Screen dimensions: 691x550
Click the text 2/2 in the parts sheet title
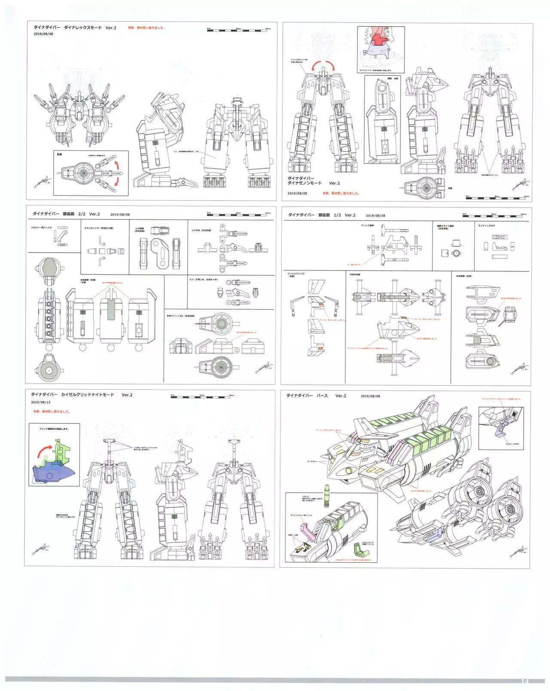pyautogui.click(x=82, y=214)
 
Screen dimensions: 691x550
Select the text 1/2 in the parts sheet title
pyautogui.click(x=337, y=215)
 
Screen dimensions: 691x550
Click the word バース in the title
pyautogui.click(x=322, y=396)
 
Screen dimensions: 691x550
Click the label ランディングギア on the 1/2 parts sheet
pyautogui.click(x=486, y=226)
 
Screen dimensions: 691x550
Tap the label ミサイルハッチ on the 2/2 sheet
pyautogui.click(x=98, y=228)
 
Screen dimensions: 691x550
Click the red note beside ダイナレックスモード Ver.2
pyautogui.click(x=147, y=28)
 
